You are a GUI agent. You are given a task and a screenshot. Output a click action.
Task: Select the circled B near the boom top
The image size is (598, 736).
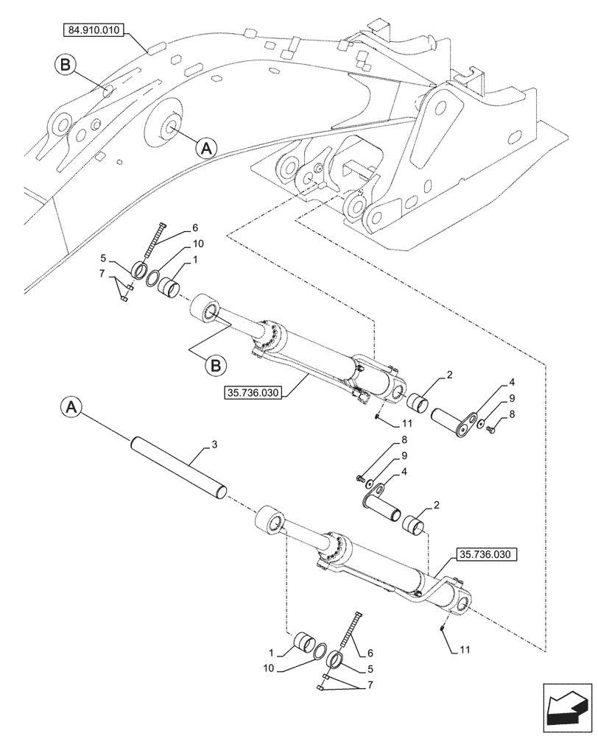pyautogui.click(x=65, y=66)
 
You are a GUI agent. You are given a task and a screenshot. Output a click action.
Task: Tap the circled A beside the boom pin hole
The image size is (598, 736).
pyautogui.click(x=207, y=147)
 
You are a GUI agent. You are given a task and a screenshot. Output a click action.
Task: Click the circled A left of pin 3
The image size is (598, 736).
pyautogui.click(x=70, y=406)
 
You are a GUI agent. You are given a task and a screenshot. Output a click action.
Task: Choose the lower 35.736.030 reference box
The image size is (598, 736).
pyautogui.click(x=487, y=554)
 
